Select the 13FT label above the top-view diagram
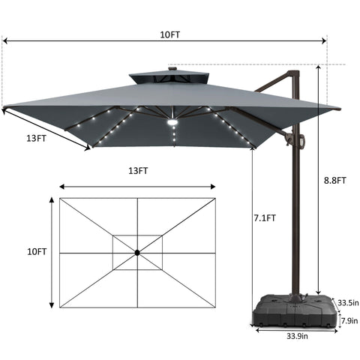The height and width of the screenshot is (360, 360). (137, 170)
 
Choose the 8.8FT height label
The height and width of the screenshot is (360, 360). (334, 180)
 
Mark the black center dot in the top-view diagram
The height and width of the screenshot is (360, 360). (137, 253)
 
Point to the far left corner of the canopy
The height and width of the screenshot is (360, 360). (4, 108)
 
